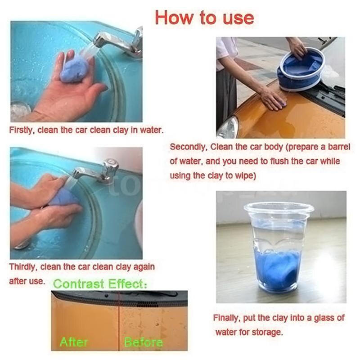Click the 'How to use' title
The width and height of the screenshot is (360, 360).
pyautogui.click(x=204, y=18)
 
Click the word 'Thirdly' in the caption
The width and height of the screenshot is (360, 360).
pyautogui.click(x=23, y=267)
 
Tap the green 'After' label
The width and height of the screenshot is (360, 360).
pyautogui.click(x=75, y=342)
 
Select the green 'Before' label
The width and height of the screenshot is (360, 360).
pyautogui.click(x=143, y=342)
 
